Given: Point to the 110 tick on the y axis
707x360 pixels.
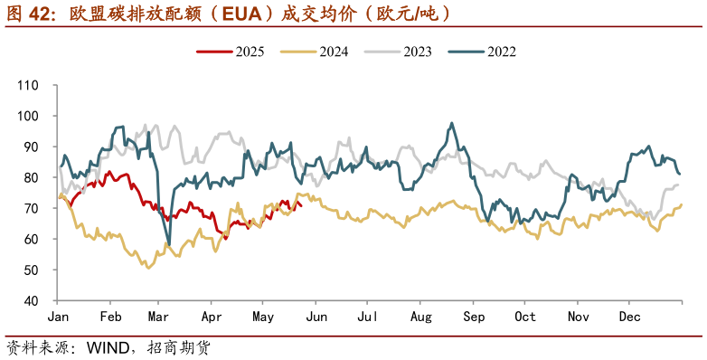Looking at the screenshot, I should pos(27,85).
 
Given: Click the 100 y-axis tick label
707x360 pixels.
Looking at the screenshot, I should pos(27,116).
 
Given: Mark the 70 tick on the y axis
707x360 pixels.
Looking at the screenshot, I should pos(31,208).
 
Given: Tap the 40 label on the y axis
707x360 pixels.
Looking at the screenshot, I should pos(31,300).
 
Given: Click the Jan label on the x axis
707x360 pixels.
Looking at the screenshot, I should pos(58,317).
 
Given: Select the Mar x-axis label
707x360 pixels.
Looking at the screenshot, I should pos(158,317).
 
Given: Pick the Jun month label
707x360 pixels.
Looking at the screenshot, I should pos(316,317).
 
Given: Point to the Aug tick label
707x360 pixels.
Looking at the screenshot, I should pos(420,317).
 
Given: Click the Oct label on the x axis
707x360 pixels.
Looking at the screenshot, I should pos(525,317).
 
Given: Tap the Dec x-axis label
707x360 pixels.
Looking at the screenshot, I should pos(630,317).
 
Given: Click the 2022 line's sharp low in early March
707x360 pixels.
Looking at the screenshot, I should pos(168,244).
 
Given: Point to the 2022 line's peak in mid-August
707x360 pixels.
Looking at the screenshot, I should pos(449,124).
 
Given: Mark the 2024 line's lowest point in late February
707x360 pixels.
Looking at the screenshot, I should pos(149,268).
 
